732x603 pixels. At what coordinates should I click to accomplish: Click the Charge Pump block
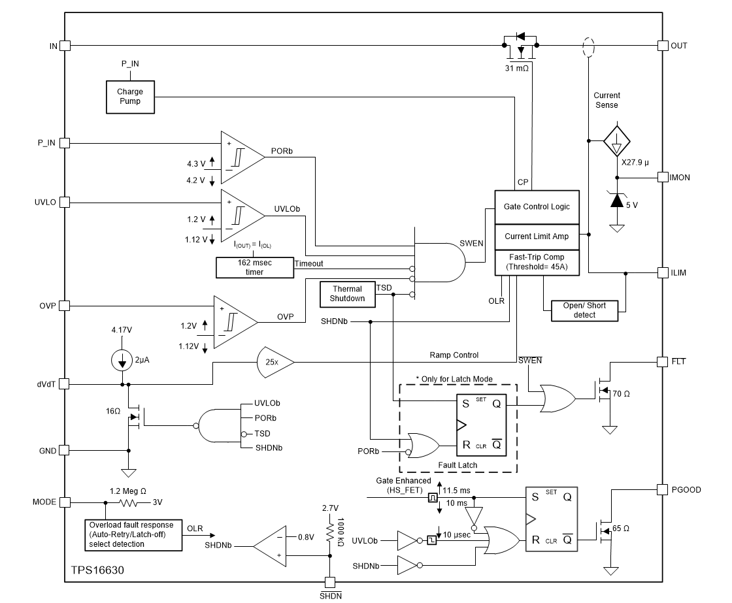point(129,97)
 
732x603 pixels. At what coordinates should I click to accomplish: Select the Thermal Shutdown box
point(347,294)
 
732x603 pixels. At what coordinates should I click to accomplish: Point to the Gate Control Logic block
point(537,206)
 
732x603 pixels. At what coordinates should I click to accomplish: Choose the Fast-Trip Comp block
point(537,262)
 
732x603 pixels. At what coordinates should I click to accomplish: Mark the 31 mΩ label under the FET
point(517,68)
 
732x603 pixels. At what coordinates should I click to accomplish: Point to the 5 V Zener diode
point(616,201)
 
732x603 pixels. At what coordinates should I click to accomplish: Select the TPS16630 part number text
point(98,570)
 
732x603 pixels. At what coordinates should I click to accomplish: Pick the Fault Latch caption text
point(457,465)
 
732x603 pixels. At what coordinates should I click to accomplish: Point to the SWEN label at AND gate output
point(472,243)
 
